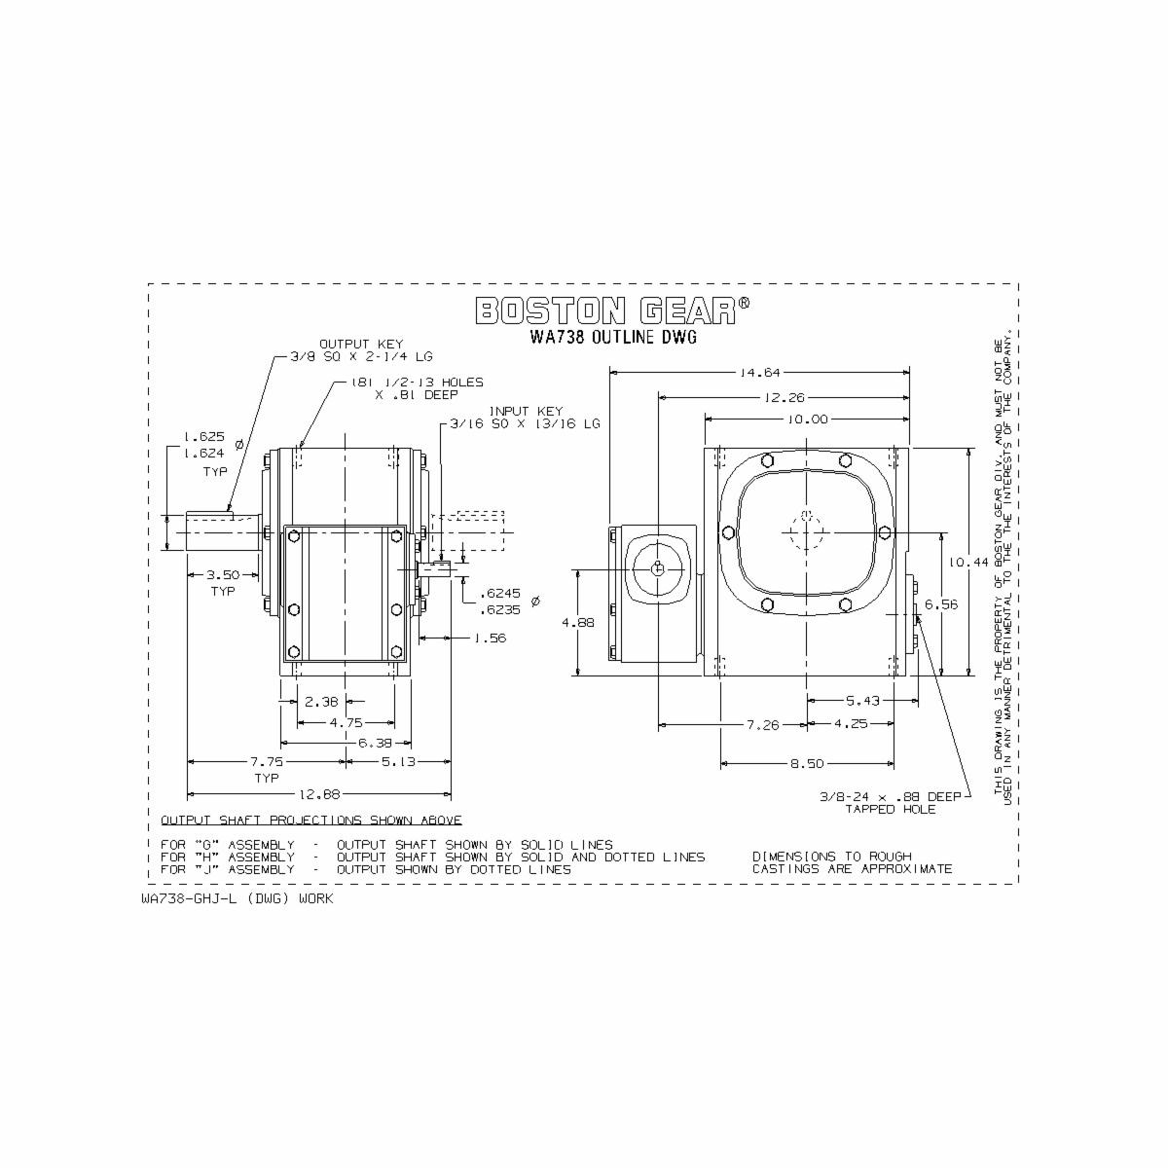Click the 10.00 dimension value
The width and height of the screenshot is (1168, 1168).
click(807, 420)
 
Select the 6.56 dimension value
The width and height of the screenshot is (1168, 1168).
click(941, 604)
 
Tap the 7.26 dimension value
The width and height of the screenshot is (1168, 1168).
click(762, 724)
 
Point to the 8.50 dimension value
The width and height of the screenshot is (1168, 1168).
click(807, 764)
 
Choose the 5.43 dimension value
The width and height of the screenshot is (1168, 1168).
click(862, 700)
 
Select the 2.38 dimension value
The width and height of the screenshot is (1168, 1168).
click(321, 701)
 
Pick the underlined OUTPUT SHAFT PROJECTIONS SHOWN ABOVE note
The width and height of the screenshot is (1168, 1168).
click(310, 821)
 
